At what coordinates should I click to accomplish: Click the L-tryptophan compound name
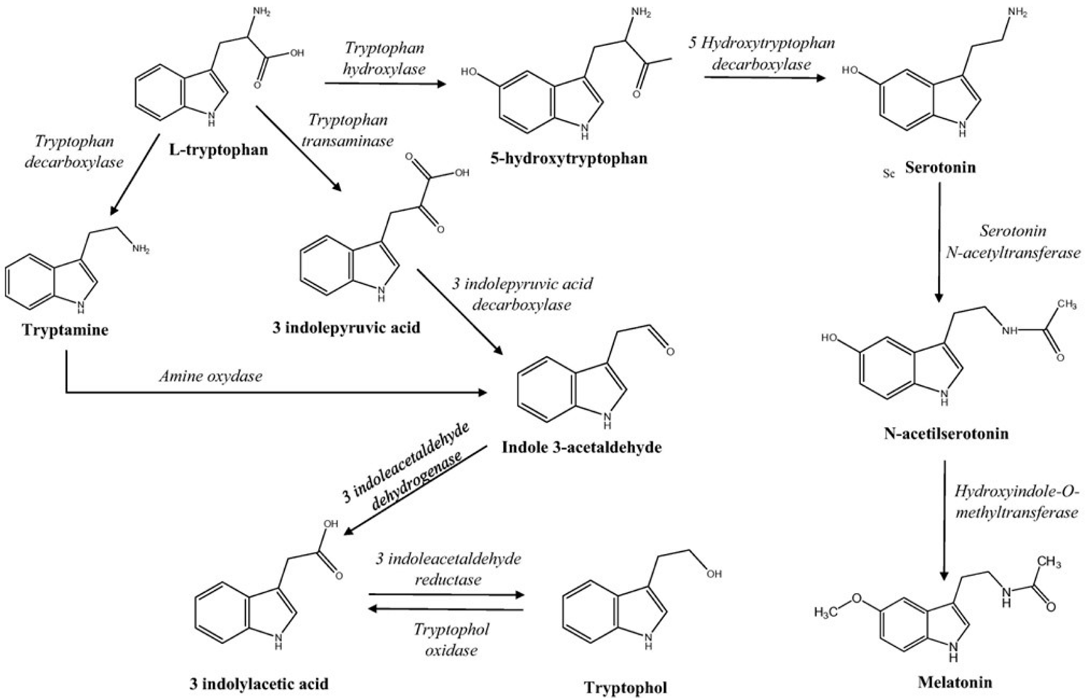(x=218, y=150)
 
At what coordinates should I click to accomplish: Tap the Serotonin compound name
(x=940, y=168)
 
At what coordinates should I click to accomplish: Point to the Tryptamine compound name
(x=65, y=330)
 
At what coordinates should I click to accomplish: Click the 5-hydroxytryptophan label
(x=569, y=158)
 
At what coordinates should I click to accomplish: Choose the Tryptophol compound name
(x=625, y=687)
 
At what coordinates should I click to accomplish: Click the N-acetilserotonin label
(x=946, y=434)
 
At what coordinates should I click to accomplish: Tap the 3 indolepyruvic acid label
(x=346, y=328)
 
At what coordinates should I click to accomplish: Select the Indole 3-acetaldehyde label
(x=582, y=447)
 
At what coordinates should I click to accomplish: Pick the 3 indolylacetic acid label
(x=259, y=684)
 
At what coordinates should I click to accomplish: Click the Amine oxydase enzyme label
(x=211, y=376)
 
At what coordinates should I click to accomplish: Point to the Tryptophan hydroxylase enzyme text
(x=384, y=58)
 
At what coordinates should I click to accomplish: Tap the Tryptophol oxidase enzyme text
(x=451, y=640)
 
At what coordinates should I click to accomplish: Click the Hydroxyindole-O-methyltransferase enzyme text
(x=1017, y=502)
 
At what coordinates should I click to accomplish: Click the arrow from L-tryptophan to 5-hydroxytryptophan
(x=385, y=83)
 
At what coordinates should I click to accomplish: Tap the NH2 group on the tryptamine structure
(x=141, y=249)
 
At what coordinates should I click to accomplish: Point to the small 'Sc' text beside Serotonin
(x=889, y=173)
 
